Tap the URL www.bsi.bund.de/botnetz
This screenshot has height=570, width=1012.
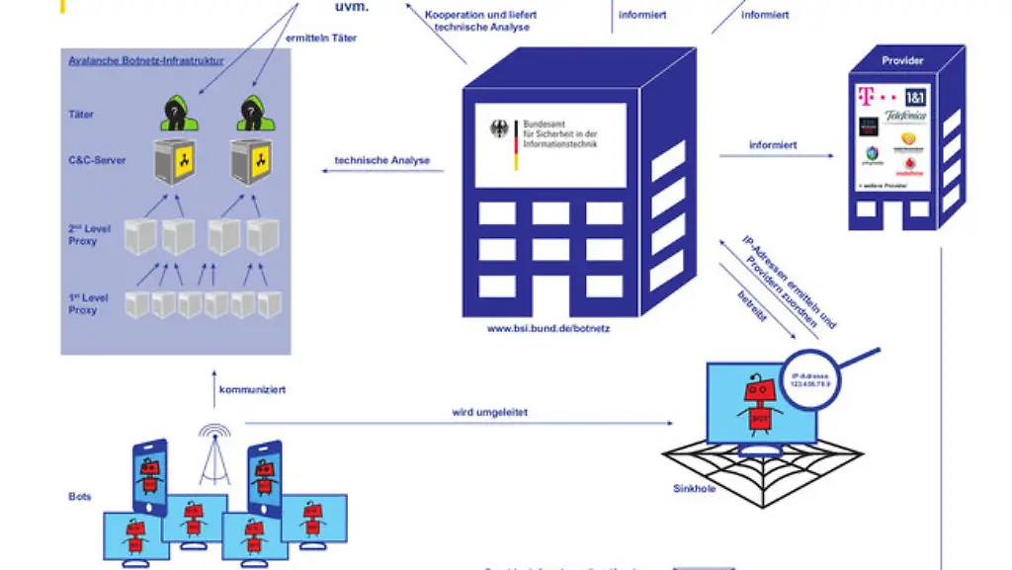click(548, 328)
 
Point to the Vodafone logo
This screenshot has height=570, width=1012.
click(908, 170)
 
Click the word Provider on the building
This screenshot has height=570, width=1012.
click(902, 61)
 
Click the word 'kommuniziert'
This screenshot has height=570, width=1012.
click(252, 390)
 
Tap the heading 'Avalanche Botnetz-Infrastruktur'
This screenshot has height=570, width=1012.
click(145, 61)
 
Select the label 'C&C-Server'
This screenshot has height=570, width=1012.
click(98, 159)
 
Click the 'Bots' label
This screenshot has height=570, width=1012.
click(80, 497)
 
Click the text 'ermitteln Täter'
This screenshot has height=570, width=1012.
click(321, 39)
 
